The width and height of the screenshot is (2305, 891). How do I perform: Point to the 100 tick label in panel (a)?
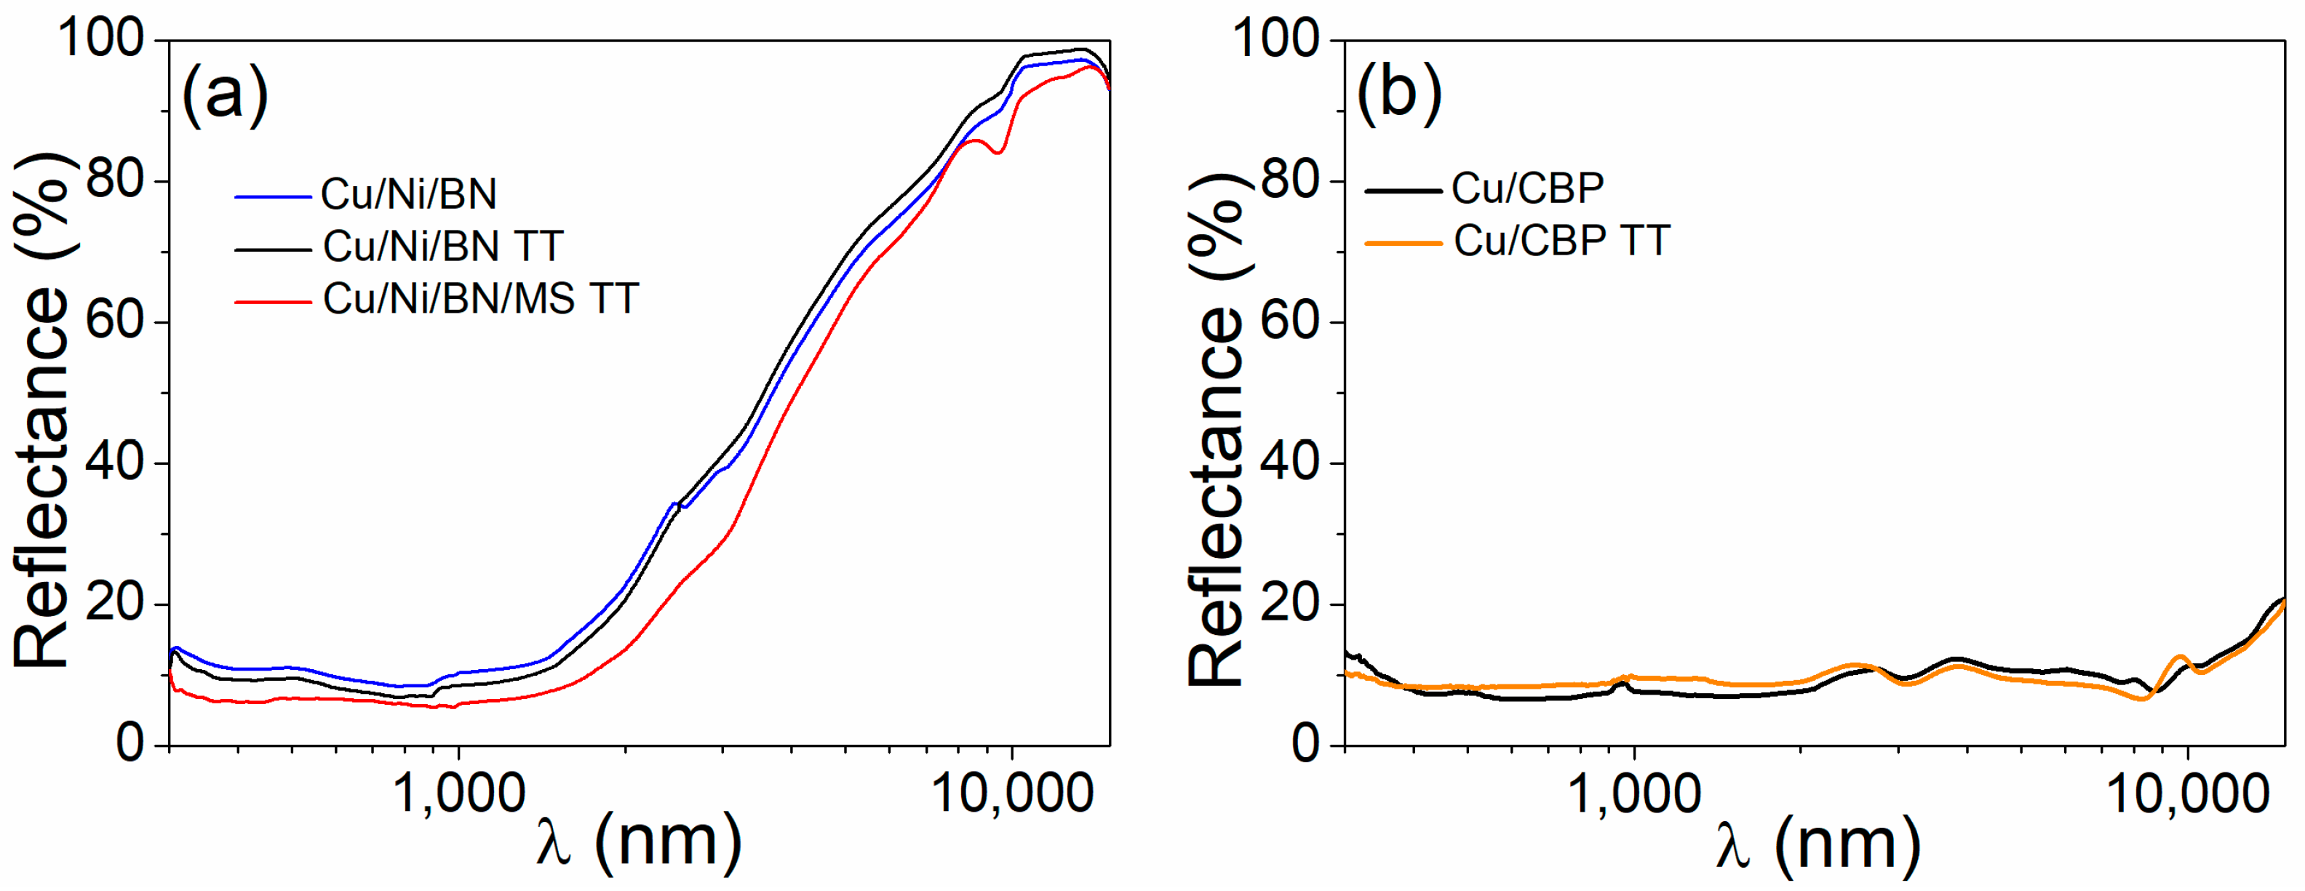[x=100, y=39]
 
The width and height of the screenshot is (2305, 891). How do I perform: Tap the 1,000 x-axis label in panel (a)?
[x=459, y=793]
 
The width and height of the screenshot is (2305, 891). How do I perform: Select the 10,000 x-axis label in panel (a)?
[x=1012, y=793]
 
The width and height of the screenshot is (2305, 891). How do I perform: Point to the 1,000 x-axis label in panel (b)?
[x=1635, y=793]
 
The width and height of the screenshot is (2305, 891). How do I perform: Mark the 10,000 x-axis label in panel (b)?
[x=2188, y=793]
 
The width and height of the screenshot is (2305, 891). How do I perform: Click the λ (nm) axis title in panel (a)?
[x=639, y=843]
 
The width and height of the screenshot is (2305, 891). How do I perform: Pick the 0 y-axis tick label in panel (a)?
[x=131, y=744]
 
